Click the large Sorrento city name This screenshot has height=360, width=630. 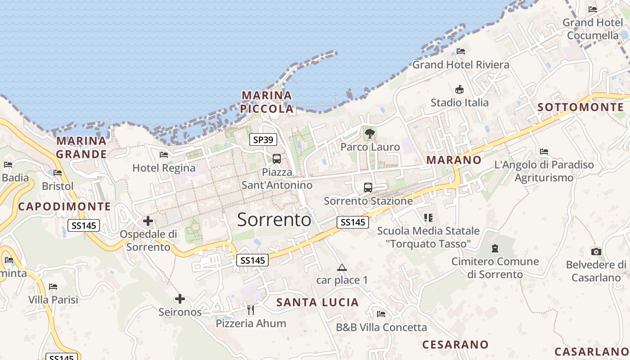coord(274,220)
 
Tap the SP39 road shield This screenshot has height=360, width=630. coord(263,140)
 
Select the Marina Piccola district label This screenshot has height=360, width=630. coord(267,102)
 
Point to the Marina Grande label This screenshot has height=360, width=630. coord(81,148)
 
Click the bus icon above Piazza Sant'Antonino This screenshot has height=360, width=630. coord(277,159)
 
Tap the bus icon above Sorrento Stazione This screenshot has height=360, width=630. coord(368,188)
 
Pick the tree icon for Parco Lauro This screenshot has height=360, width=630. coord(370,134)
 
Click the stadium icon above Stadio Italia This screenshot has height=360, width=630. coord(459,89)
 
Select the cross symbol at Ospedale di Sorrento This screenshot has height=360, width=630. coord(148,221)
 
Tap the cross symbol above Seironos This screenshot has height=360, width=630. coord(180,299)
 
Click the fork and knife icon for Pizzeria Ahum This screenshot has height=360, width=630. coord(251,310)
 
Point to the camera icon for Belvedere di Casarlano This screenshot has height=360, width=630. coord(596,252)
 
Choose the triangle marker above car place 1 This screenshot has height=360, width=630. coord(342,268)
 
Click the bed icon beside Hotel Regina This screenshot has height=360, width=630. coord(164,155)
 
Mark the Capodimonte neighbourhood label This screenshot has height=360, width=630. coord(64,207)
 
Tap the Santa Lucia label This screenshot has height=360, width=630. coord(318,302)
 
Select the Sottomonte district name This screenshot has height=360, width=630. coord(581,107)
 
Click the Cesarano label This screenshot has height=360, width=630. coord(455,345)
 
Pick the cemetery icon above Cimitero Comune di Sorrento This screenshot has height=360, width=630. coord(495,248)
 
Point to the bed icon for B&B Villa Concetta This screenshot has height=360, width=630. coord(381,314)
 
